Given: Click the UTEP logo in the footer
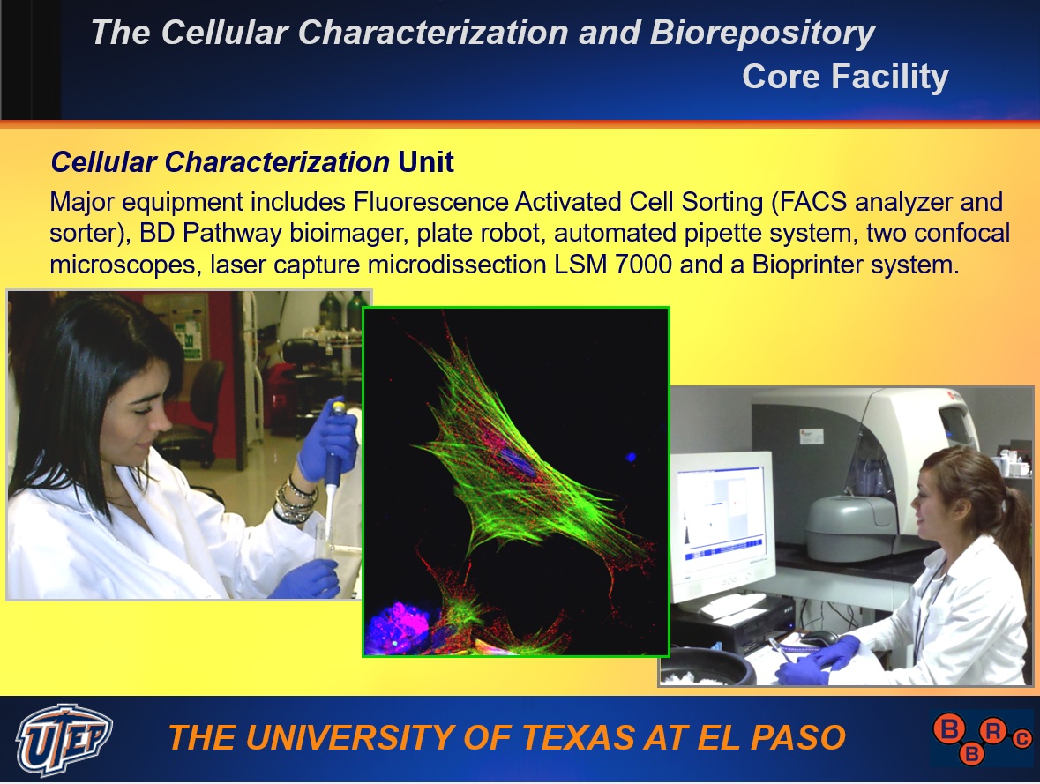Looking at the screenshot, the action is (64, 739).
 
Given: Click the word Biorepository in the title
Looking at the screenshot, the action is (762, 34).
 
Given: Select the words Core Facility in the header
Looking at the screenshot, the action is (845, 76).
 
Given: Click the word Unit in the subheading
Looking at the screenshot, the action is (426, 162).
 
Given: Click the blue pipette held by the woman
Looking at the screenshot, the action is (333, 464).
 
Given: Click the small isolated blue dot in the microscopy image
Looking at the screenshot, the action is (631, 456).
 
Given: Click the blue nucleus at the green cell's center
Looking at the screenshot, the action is (521, 462).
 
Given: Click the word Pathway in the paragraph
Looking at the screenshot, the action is (231, 234).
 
